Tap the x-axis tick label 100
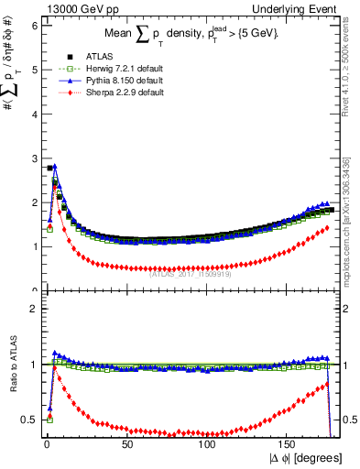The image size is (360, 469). click(x=208, y=442)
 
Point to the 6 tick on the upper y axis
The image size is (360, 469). click(x=34, y=26)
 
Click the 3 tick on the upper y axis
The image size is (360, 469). click(x=34, y=158)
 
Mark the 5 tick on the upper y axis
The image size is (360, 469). click(x=34, y=70)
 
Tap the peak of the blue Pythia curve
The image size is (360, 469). click(x=55, y=167)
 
